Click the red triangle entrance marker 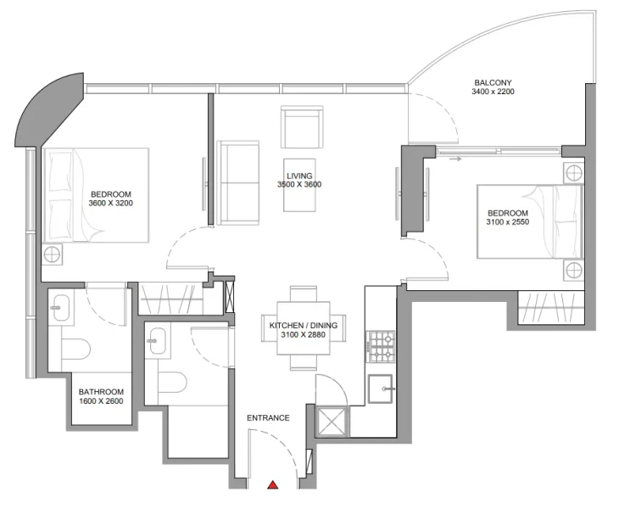click(273, 485)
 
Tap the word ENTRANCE click(268, 417)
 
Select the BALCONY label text click(493, 82)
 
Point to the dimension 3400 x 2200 click(493, 92)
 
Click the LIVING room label click(298, 175)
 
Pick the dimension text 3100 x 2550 click(507, 222)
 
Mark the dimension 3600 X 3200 click(110, 204)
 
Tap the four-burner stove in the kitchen click(382, 344)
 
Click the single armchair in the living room click(301, 126)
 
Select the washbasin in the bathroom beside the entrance click(155, 346)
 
